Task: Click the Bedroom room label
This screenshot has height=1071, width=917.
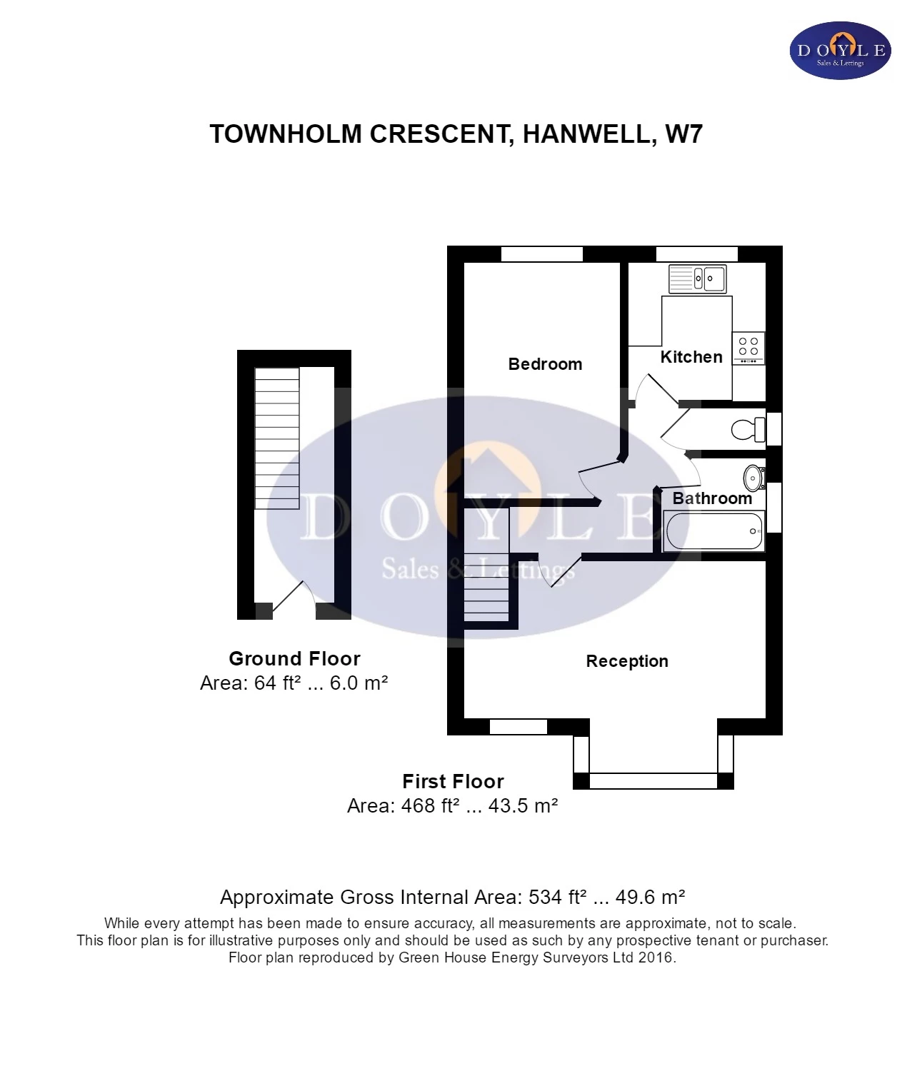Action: (545, 364)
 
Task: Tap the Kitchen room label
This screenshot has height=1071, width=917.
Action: (691, 357)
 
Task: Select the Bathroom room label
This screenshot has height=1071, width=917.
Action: (712, 498)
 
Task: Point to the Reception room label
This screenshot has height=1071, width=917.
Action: (627, 661)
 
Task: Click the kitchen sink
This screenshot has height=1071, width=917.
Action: (698, 278)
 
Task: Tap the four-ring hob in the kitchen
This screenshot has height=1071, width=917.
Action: (748, 348)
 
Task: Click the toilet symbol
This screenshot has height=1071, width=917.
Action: (747, 430)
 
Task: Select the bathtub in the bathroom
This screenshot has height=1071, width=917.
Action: (714, 531)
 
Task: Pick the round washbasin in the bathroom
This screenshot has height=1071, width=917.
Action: (753, 478)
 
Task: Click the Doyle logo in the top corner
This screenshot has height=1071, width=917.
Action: (841, 51)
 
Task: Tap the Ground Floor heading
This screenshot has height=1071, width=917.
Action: (294, 658)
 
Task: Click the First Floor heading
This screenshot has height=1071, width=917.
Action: (453, 781)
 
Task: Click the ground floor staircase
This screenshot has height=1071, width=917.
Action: (277, 438)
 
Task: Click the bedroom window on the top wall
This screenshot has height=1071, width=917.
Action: (542, 254)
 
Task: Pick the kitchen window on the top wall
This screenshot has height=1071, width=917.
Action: (696, 254)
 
